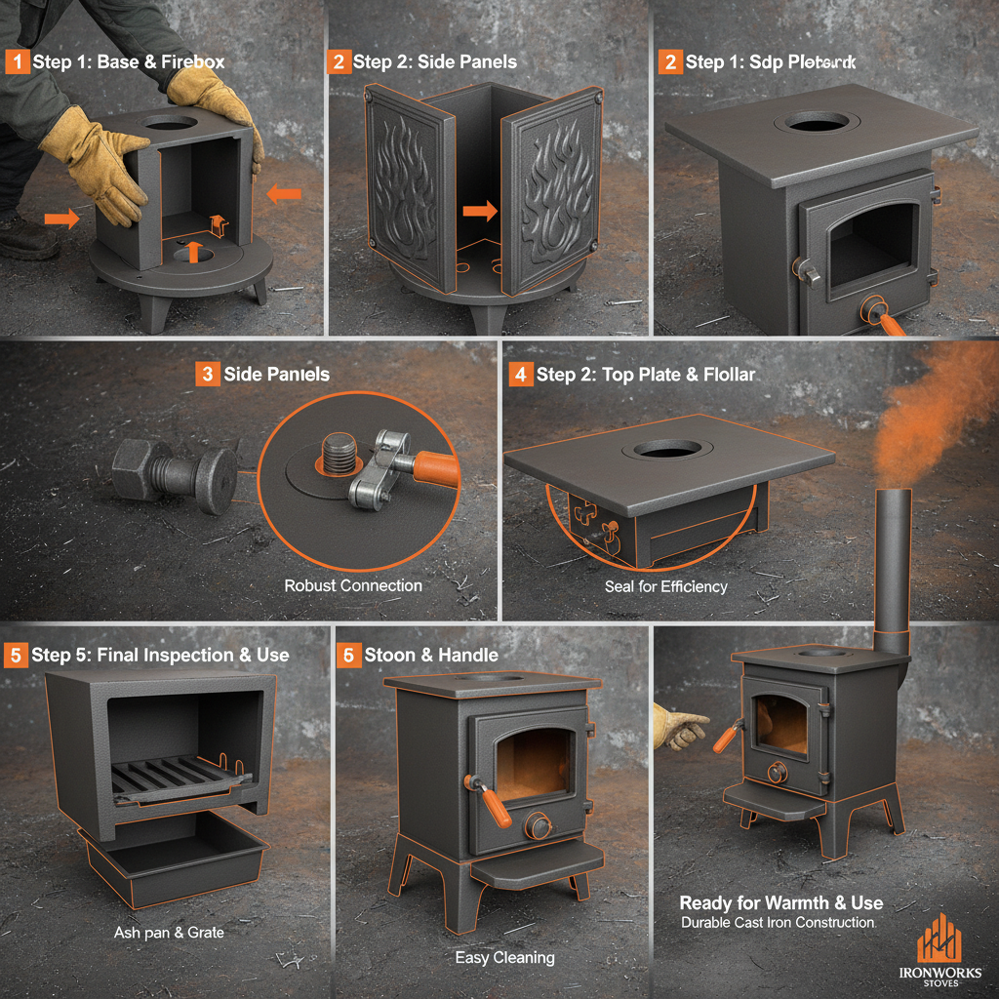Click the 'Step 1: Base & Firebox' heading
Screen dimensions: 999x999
(128, 61)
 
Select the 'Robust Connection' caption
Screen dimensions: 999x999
(353, 585)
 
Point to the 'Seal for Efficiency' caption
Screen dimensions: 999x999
(666, 586)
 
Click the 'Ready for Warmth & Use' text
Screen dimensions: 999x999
(780, 902)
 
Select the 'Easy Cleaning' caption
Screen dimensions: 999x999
(504, 958)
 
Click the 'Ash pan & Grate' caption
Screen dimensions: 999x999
(169, 933)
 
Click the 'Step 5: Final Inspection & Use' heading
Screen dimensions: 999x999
(160, 655)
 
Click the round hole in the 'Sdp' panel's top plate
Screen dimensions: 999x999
(819, 121)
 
